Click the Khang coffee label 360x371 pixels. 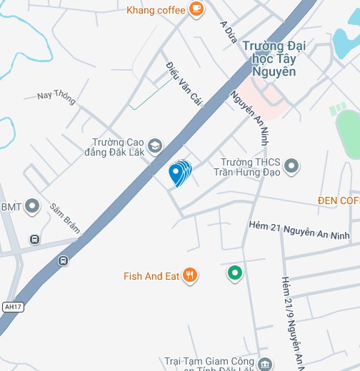pyautogui.click(x=156, y=10)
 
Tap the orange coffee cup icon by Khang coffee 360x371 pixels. pyautogui.click(x=196, y=9)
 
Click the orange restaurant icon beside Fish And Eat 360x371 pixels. pyautogui.click(x=189, y=275)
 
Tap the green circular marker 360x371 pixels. pyautogui.click(x=234, y=273)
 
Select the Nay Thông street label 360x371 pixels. pyautogui.click(x=56, y=96)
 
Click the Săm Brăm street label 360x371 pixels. pyautogui.click(x=64, y=218)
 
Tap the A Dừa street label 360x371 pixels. pyautogui.click(x=229, y=32)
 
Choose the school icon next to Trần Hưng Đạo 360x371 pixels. pyautogui.click(x=291, y=167)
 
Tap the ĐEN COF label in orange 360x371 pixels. pyautogui.click(x=339, y=200)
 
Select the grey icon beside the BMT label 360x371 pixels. pyautogui.click(x=32, y=207)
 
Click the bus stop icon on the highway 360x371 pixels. pyautogui.click(x=64, y=261)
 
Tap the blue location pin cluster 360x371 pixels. pyautogui.click(x=179, y=173)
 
